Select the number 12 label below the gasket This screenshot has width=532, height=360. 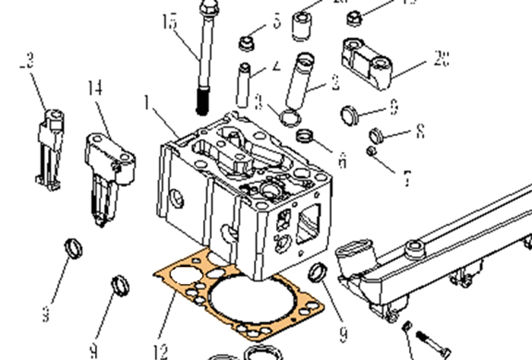pyautogui.click(x=160, y=351)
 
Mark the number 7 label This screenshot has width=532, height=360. pyautogui.click(x=407, y=178)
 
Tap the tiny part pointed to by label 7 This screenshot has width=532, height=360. pyautogui.click(x=370, y=152)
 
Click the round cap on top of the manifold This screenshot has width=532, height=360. pyautogui.click(x=415, y=246)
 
